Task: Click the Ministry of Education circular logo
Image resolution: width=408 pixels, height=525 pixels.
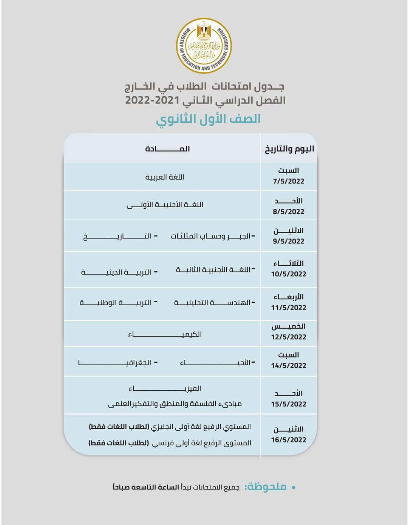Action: (x=204, y=46)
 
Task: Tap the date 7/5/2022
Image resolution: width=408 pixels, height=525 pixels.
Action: (x=289, y=181)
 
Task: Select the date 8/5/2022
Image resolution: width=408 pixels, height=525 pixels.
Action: (x=289, y=212)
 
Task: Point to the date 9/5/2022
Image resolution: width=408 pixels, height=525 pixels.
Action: (x=289, y=241)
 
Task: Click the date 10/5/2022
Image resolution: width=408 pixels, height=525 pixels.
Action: (x=289, y=274)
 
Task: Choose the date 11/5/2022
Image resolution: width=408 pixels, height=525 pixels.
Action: (x=289, y=308)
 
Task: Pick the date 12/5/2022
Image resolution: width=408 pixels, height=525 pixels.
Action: (x=289, y=337)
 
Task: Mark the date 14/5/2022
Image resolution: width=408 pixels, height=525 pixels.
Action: (x=289, y=366)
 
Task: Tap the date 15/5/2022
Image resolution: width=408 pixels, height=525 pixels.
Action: (x=289, y=404)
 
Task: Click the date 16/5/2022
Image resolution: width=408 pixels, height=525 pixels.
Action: (x=289, y=440)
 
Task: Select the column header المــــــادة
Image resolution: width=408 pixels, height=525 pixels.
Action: (x=167, y=149)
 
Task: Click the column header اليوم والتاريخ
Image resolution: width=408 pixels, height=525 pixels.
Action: (x=289, y=149)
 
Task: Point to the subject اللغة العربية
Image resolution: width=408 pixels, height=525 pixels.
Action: (x=165, y=177)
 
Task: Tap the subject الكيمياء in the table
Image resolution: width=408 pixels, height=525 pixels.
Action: (x=165, y=334)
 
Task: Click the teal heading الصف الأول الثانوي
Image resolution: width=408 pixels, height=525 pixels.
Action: (x=209, y=119)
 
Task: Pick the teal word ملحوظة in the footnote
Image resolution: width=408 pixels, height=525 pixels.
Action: (x=266, y=487)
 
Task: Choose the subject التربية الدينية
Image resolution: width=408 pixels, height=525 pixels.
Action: (x=117, y=272)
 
